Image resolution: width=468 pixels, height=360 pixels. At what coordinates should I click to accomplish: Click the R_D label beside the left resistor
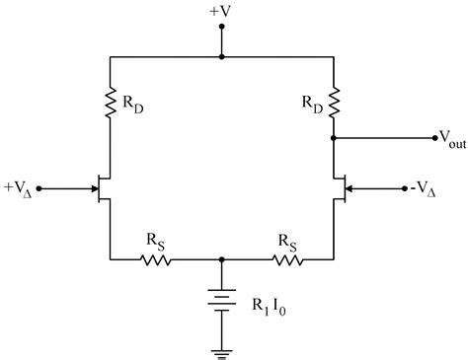(131, 105)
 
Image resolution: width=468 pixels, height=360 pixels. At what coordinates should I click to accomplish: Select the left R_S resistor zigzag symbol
(156, 260)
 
